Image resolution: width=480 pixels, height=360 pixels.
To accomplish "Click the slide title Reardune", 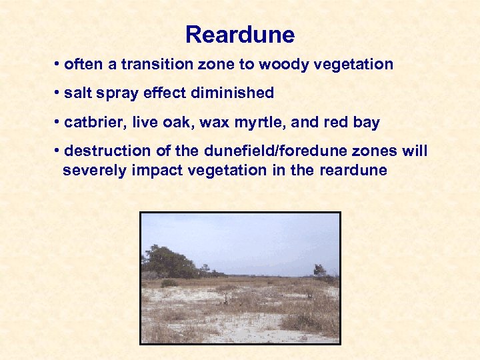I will tap(240, 34).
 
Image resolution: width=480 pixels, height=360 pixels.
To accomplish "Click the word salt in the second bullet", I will tap(77, 93).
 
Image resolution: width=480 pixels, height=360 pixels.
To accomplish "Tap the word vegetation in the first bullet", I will tap(361, 65).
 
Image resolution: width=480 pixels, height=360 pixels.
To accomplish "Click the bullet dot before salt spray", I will tap(58, 93).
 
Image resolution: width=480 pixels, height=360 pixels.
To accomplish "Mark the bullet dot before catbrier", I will tap(58, 123).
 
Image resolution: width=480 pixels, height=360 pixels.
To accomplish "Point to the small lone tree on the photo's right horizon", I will tap(320, 270).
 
